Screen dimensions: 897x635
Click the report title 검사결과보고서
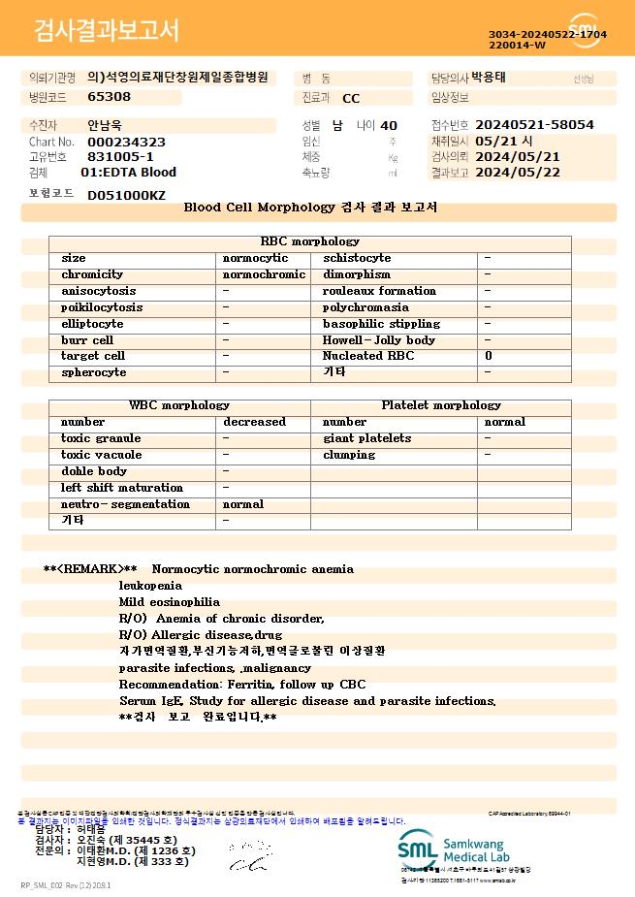click(107, 31)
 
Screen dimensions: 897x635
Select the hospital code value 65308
click(109, 97)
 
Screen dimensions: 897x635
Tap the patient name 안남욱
click(106, 125)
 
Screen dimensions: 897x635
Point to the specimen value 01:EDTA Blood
click(128, 173)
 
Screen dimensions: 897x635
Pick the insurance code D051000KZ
click(126, 196)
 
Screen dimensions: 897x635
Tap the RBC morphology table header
click(310, 241)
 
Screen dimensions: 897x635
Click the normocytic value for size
click(255, 258)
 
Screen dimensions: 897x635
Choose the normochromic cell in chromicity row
click(264, 274)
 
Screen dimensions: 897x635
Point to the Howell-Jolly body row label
click(379, 340)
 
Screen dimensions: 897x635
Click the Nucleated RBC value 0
click(489, 357)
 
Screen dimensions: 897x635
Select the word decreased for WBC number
click(254, 422)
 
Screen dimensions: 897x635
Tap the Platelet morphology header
click(441, 405)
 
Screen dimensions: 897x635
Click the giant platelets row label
click(366, 438)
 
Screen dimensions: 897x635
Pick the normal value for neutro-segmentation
click(243, 504)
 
